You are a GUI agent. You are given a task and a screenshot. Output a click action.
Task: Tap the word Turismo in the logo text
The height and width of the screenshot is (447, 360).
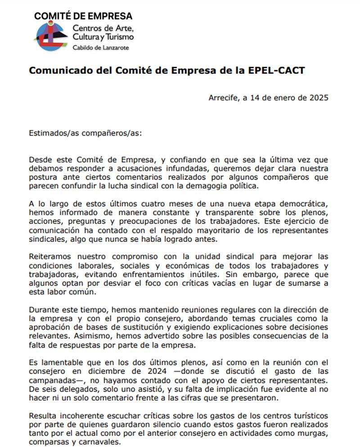[x=118, y=37]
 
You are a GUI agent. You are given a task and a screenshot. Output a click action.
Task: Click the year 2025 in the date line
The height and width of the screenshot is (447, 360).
[x=318, y=98]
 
